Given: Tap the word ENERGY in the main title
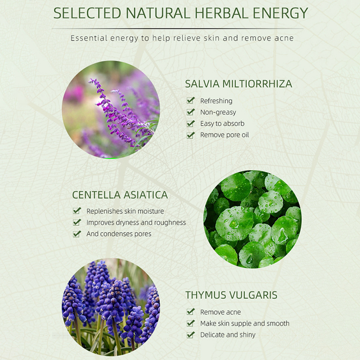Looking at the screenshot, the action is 280,13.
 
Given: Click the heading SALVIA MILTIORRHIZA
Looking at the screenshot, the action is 238,84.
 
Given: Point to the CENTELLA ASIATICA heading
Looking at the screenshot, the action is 120,195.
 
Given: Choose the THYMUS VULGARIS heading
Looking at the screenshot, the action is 231,295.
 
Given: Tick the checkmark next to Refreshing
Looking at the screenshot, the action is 190,100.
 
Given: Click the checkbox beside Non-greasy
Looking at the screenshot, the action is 190,112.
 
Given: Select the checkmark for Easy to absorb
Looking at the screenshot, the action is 190,123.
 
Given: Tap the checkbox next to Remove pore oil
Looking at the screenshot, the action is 190,135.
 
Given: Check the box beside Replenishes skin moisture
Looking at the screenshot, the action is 77,211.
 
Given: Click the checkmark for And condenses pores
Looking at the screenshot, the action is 77,234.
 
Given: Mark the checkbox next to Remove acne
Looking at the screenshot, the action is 190,312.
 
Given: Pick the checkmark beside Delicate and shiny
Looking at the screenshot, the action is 190,335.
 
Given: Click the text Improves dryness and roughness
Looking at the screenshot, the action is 136,222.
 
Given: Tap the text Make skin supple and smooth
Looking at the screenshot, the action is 245,324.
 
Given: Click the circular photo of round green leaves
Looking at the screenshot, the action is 252,219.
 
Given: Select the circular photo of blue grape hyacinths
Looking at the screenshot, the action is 111,307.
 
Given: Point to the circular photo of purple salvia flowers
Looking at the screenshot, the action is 111,109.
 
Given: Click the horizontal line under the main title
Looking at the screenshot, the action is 177,29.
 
